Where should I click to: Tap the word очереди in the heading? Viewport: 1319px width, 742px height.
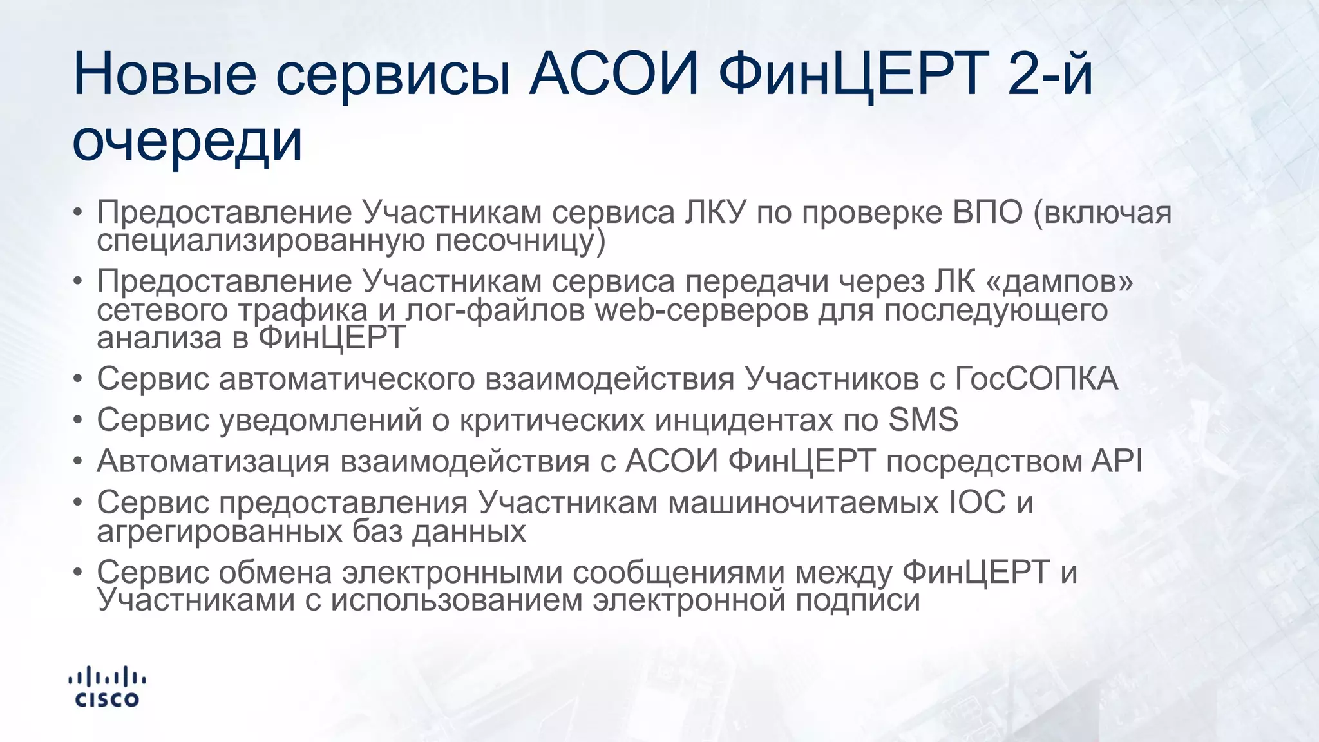187,141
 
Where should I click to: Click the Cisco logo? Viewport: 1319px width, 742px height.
107,688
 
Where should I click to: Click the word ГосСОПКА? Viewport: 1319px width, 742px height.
1036,379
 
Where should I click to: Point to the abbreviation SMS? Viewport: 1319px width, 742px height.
923,420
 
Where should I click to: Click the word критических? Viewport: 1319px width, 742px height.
551,420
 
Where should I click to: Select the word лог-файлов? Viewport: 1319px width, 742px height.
495,310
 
